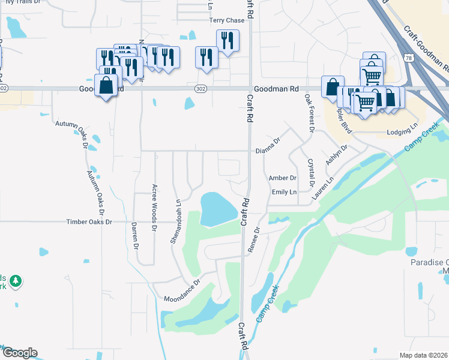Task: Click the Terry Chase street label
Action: [x=226, y=20]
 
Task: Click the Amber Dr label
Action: [x=283, y=178]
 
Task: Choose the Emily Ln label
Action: [x=284, y=192]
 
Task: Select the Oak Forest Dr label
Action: [x=309, y=112]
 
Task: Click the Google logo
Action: [x=19, y=353]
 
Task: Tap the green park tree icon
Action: [x=16, y=280]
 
